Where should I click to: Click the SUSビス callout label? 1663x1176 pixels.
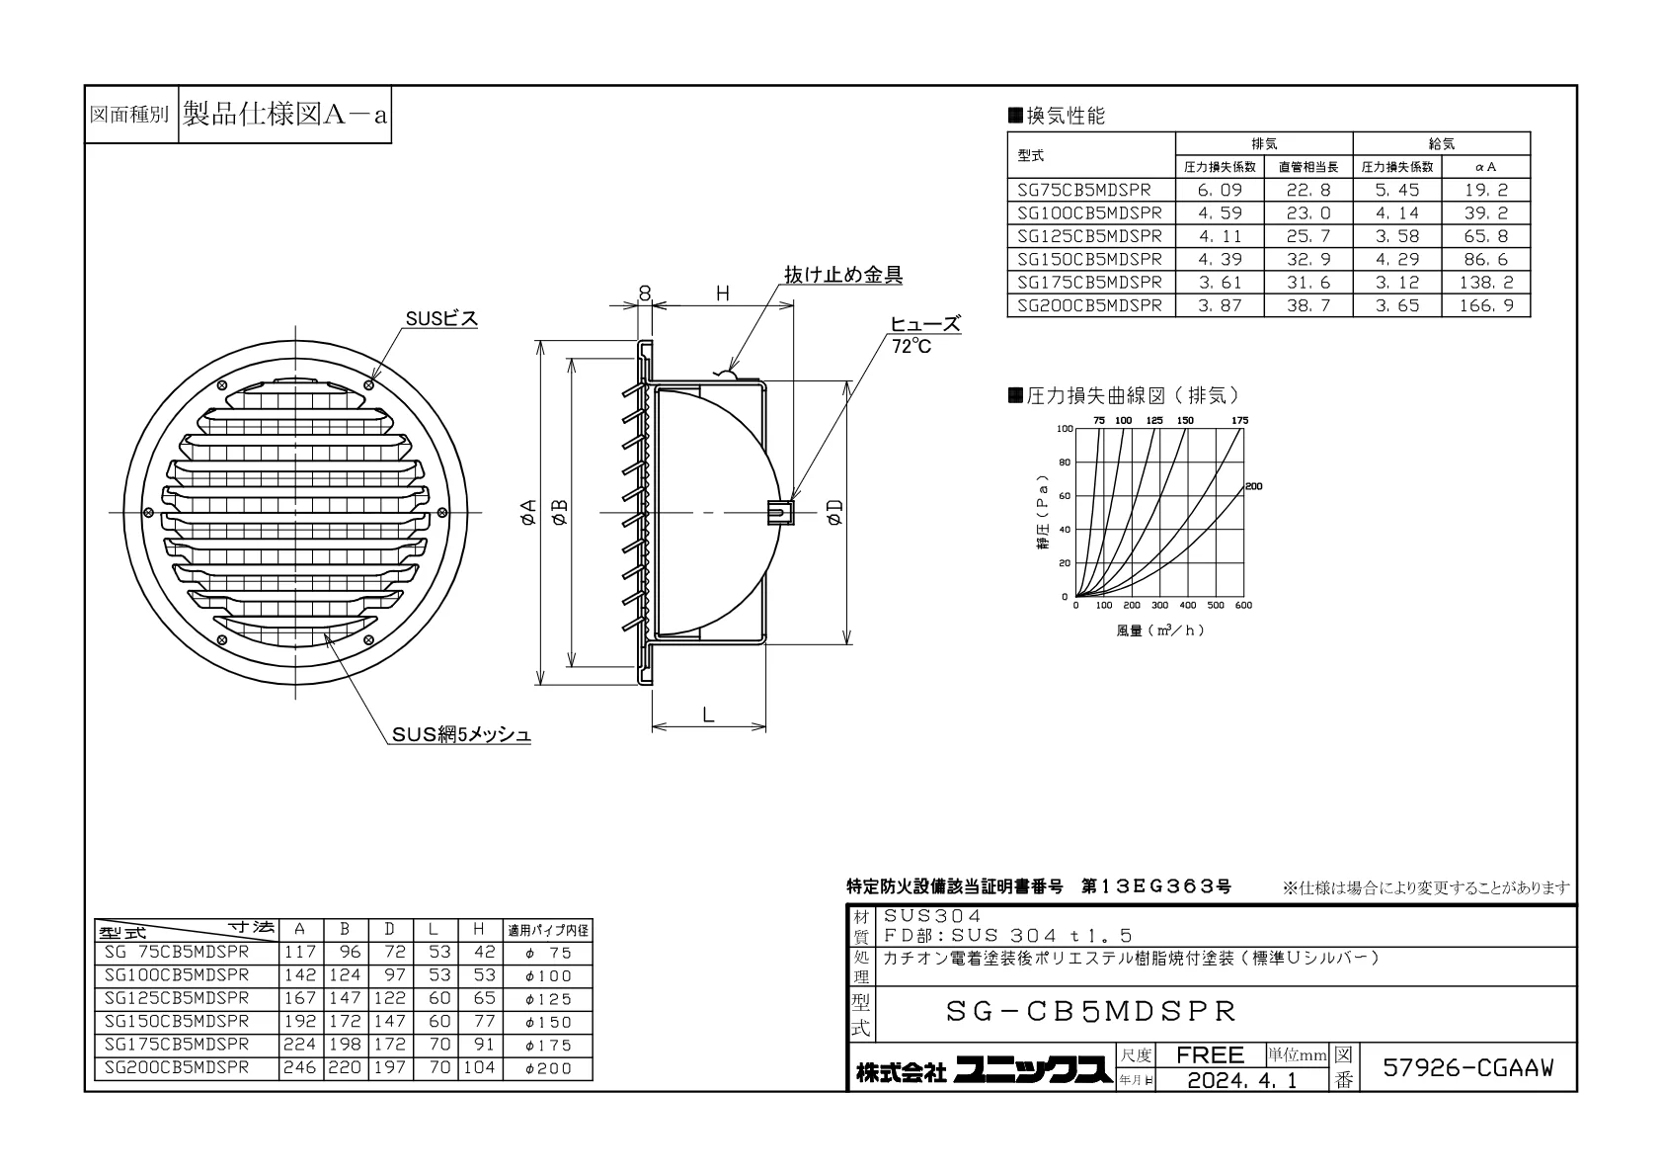point(441,318)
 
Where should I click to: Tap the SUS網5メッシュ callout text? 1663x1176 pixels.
point(461,734)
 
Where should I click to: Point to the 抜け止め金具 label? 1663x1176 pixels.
point(843,275)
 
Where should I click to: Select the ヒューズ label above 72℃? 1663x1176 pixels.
point(925,324)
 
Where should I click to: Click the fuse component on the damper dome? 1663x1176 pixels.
point(780,512)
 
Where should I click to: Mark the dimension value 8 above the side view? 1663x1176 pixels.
point(645,294)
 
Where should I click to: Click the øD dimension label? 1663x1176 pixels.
point(835,513)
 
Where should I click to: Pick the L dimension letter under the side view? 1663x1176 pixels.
point(708,714)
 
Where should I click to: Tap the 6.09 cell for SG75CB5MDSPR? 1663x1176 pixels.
point(1219,190)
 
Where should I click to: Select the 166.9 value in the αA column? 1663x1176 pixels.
point(1485,305)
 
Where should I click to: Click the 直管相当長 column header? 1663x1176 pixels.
point(1308,167)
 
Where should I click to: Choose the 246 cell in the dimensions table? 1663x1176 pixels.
point(300,1067)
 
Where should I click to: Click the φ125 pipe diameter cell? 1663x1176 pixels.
point(549,999)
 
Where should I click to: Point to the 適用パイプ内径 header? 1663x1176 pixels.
point(548,929)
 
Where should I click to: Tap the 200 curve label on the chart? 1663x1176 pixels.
point(1254,486)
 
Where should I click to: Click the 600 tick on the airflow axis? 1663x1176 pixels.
point(1243,606)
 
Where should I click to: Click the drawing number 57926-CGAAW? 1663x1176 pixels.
point(1467,1067)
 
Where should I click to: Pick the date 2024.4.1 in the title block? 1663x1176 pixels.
point(1242,1080)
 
